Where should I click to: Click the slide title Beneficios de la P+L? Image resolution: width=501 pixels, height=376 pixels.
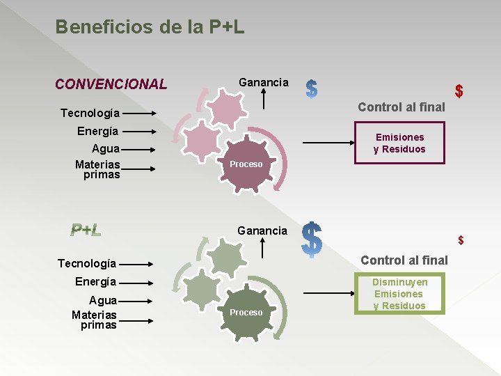coord(150,27)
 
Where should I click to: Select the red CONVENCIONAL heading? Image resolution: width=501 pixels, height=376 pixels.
coord(111,84)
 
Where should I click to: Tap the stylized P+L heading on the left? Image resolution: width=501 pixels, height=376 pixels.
coord(86,230)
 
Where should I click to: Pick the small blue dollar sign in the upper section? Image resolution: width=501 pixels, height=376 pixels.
coord(312,88)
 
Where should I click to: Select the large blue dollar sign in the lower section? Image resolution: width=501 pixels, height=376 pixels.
coord(312,241)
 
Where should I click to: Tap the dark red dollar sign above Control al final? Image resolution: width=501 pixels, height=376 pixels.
coord(459,91)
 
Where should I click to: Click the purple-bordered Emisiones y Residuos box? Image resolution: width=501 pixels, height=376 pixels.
coord(399,143)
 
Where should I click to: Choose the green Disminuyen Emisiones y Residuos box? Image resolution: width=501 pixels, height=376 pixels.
coord(399,294)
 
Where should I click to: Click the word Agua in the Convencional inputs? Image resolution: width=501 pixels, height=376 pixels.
coord(106,148)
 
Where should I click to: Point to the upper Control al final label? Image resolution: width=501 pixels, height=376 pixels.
coord(401,107)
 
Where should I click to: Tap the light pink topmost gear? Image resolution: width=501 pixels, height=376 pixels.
coord(227,106)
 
